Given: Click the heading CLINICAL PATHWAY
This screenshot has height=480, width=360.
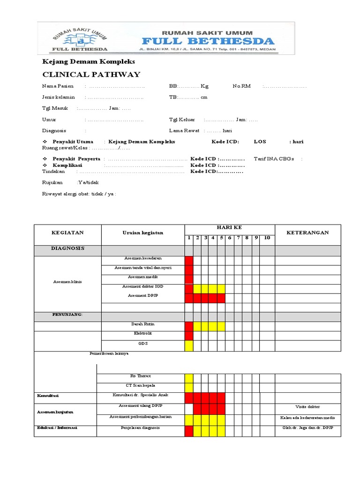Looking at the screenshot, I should click(x=91, y=75).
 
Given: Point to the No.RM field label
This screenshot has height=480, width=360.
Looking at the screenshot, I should click(x=242, y=86).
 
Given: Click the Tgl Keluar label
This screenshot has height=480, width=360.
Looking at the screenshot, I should click(x=182, y=120).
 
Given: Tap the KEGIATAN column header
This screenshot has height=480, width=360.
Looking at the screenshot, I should click(x=67, y=232).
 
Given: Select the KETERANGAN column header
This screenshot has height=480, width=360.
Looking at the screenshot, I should click(x=307, y=232).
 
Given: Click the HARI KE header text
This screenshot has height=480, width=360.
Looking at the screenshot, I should click(x=229, y=227).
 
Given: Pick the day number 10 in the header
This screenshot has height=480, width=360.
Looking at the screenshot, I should click(x=267, y=238).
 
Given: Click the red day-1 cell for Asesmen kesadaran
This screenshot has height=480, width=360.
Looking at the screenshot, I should click(x=189, y=260).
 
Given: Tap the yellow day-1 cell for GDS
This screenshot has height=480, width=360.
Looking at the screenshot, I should click(x=189, y=345).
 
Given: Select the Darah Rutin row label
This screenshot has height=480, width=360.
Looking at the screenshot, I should click(x=142, y=324).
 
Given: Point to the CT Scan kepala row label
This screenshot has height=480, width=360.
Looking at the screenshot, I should click(x=142, y=386).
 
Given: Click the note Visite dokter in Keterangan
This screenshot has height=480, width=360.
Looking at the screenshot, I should click(x=307, y=406).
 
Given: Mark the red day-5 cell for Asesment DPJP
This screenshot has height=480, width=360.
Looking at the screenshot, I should click(x=221, y=298).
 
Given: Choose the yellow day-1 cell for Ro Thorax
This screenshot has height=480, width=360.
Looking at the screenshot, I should click(x=189, y=378).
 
